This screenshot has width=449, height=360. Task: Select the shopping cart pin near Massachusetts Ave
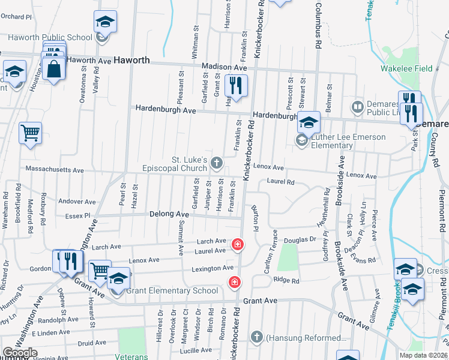pyautogui.click(x=30, y=133)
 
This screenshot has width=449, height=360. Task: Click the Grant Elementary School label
pyautogui.click(x=172, y=291)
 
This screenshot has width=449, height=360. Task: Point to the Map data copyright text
pyautogui.click(x=423, y=355)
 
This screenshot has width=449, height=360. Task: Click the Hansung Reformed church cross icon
pyautogui.click(x=257, y=337)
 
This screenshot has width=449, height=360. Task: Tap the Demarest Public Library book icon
pyautogui.click(x=358, y=106)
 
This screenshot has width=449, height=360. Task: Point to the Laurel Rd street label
pyautogui.click(x=281, y=181)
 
